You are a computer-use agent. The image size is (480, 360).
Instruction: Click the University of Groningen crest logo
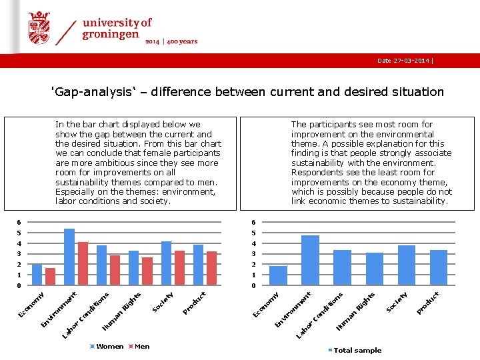click(39, 29)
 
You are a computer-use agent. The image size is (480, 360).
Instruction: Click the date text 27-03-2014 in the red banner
click(403, 61)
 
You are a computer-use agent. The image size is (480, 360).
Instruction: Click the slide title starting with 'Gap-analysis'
click(247, 92)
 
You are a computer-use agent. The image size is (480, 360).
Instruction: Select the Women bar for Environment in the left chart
click(69, 257)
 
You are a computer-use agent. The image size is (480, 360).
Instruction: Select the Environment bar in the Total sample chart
click(310, 260)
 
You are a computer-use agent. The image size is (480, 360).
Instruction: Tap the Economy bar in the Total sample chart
click(278, 275)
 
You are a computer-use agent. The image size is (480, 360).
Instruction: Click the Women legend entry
click(109, 346)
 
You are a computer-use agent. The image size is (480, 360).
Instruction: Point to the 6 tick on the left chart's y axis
click(20, 222)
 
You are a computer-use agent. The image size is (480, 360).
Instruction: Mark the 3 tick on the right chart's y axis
click(253, 254)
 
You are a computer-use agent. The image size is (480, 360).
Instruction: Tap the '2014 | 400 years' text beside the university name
click(172, 41)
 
